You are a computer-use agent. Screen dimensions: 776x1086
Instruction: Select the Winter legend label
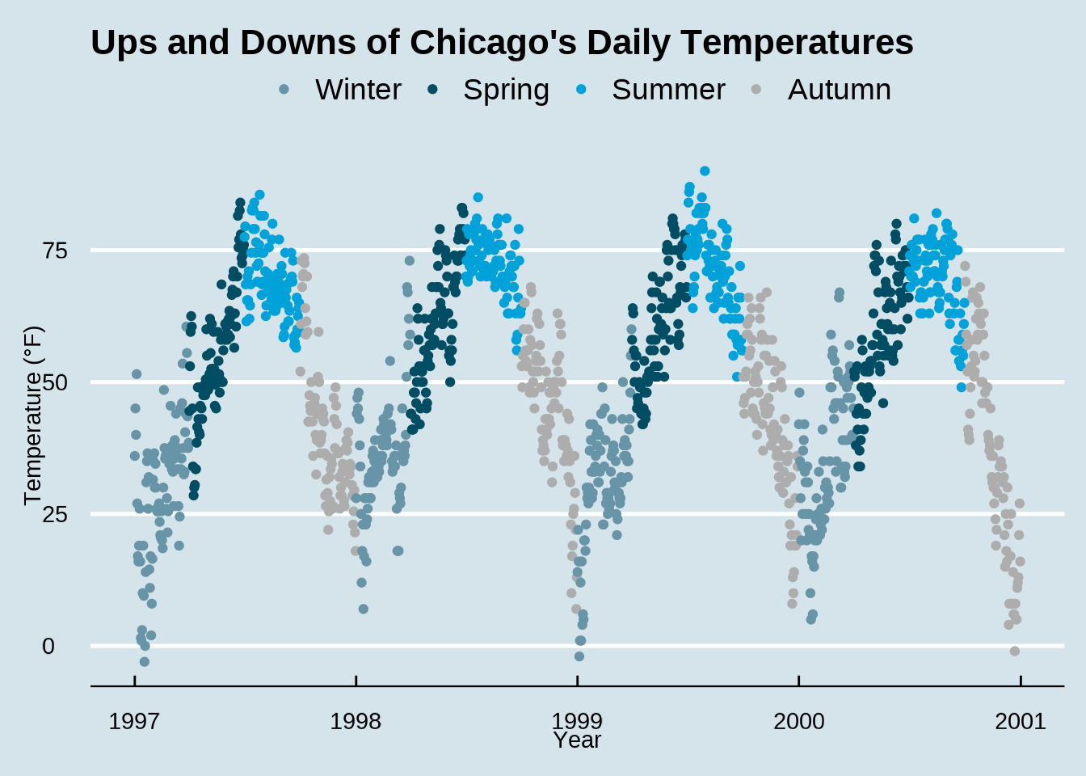tap(358, 90)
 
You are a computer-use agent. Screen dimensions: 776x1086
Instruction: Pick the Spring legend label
tap(506, 90)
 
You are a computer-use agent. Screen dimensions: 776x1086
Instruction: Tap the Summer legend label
tap(668, 90)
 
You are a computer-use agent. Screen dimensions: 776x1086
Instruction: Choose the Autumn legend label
tap(839, 90)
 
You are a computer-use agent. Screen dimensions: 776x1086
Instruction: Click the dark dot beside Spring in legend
tap(433, 90)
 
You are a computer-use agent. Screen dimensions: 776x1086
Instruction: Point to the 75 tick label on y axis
tap(55, 251)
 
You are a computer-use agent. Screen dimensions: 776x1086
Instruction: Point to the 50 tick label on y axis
tap(55, 382)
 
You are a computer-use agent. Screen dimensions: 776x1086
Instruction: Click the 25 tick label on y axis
tap(55, 514)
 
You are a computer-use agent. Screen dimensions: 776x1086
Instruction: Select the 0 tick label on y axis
tap(48, 646)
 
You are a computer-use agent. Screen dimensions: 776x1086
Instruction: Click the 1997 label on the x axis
tap(134, 721)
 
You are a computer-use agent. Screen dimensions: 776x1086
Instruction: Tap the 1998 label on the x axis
tap(356, 721)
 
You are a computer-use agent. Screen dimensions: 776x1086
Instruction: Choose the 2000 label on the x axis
tap(798, 721)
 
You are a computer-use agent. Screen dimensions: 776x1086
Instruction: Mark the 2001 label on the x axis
tap(1020, 721)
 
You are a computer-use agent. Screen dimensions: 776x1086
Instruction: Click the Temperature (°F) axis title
tap(32, 415)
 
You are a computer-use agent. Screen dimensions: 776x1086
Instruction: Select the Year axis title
tap(578, 740)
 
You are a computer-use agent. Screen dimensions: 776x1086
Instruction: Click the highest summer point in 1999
tap(705, 171)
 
